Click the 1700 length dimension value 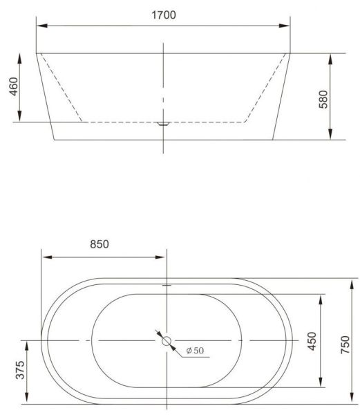tap(164, 15)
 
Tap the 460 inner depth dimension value tap(14, 86)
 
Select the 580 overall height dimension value tap(323, 99)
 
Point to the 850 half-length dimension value tap(100, 244)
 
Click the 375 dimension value tap(20, 370)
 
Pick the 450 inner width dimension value tap(312, 341)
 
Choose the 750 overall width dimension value tap(345, 344)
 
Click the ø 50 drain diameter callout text tap(195, 351)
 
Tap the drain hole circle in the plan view tap(167, 341)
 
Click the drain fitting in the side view tap(163, 124)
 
